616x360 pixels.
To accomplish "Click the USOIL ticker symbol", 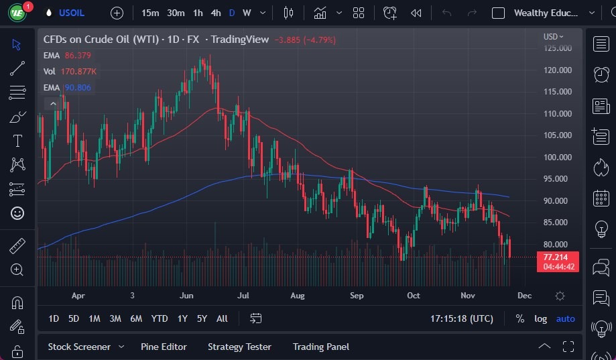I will click(x=72, y=13).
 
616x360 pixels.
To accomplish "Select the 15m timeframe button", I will click(x=150, y=13).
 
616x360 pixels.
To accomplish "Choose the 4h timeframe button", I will click(x=215, y=13).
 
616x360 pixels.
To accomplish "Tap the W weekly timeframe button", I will click(x=247, y=13).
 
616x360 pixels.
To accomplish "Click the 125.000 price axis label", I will click(x=558, y=48).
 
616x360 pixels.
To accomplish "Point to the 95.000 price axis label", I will click(x=558, y=179).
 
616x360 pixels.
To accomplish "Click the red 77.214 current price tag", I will click(x=557, y=257).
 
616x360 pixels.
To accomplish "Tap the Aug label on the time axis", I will click(x=298, y=296).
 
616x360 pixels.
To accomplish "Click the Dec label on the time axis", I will click(x=524, y=296).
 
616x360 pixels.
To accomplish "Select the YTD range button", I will click(x=160, y=318).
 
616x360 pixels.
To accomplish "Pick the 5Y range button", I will click(x=202, y=318).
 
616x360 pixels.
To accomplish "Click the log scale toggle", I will click(x=540, y=318).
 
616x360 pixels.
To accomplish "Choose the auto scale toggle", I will click(x=566, y=318).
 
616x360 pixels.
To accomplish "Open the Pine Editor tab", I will click(x=164, y=347).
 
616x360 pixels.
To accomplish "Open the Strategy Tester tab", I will click(x=239, y=347).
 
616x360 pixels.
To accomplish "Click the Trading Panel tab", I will click(x=321, y=347).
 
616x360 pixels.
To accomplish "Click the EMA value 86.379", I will click(x=78, y=56).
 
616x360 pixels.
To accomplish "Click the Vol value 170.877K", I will click(x=79, y=72).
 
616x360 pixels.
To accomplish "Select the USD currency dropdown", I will click(x=553, y=37).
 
